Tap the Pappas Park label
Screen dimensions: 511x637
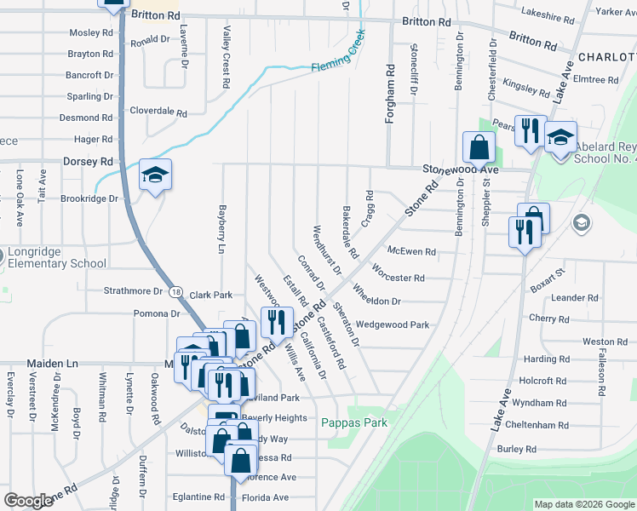[354, 422]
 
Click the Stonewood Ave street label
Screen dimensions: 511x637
[461, 169]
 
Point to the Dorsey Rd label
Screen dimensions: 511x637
[88, 161]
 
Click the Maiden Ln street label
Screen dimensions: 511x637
[52, 363]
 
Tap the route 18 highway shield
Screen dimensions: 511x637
[175, 291]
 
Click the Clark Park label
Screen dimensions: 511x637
[211, 295]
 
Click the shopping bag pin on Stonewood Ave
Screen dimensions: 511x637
[479, 146]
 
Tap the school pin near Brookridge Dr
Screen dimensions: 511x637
[155, 175]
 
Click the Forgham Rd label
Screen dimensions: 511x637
[391, 95]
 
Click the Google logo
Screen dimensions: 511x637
[29, 501]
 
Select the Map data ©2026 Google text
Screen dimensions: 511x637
[583, 504]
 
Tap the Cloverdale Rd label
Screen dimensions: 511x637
[158, 112]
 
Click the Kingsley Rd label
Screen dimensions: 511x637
[526, 87]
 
